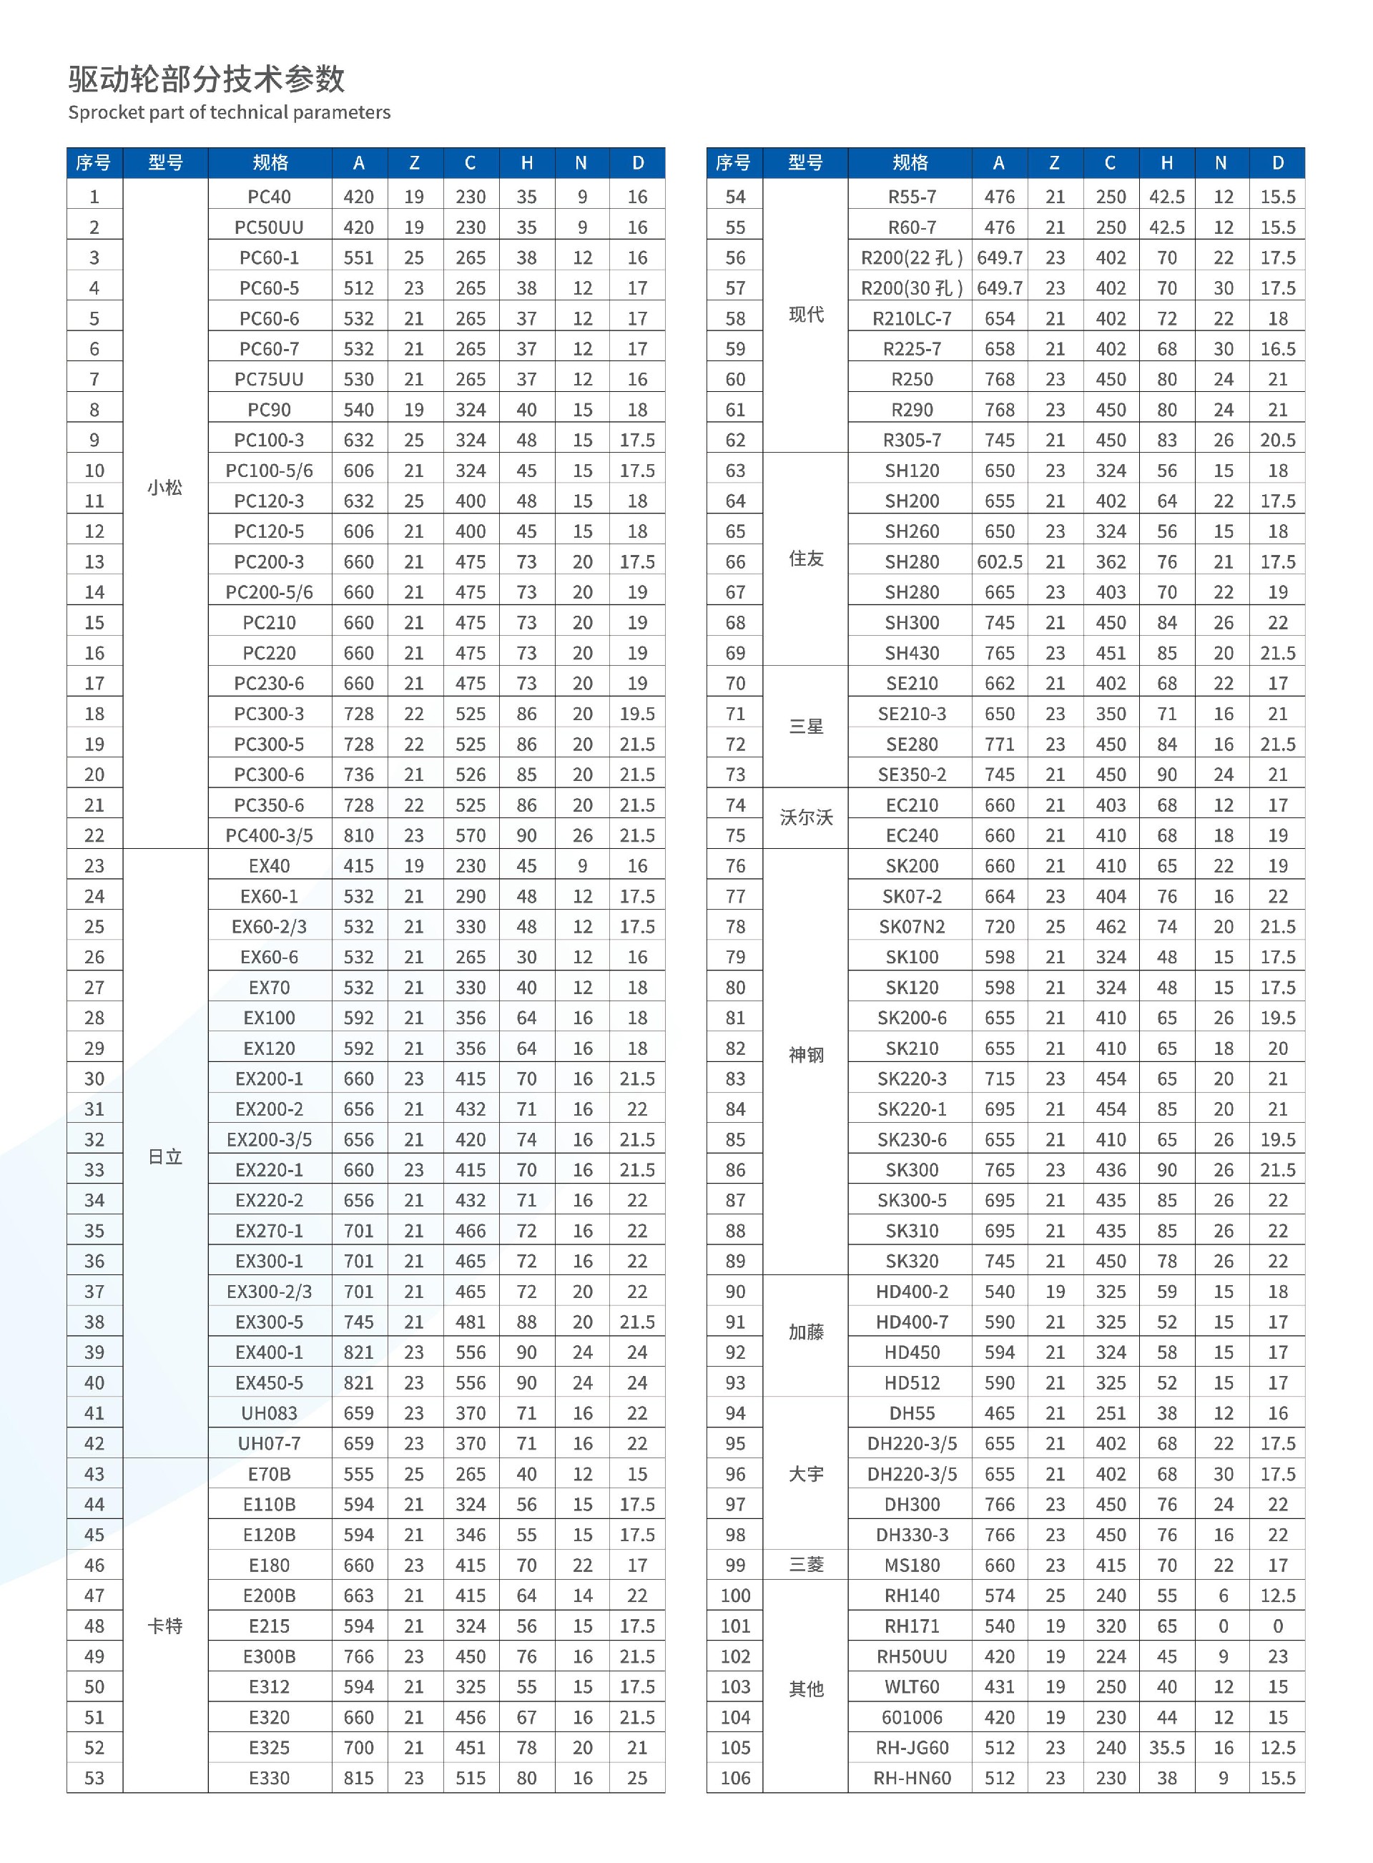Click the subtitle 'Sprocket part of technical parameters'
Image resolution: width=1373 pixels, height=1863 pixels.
tap(230, 113)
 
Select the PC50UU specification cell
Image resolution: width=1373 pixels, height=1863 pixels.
tap(270, 227)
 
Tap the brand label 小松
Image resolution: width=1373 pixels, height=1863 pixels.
tap(164, 488)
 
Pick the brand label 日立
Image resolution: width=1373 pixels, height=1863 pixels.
tap(164, 1156)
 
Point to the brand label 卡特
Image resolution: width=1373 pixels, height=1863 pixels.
tap(164, 1626)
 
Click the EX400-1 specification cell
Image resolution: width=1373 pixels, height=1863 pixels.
tap(270, 1352)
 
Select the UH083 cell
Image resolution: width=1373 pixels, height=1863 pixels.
tap(270, 1412)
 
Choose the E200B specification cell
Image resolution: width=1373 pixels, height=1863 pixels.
tap(270, 1596)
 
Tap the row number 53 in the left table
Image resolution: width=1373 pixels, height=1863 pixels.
tap(94, 1777)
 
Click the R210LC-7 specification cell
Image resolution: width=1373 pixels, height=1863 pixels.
tap(912, 319)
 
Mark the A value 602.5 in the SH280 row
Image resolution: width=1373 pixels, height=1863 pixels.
tap(999, 561)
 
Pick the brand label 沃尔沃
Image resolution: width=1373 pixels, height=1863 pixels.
tap(805, 817)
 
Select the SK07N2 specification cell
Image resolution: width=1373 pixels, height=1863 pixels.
tap(912, 927)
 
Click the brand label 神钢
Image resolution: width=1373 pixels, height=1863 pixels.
tap(805, 1056)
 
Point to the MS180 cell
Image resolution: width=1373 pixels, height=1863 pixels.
tap(912, 1565)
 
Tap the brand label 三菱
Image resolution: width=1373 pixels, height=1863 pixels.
tap(805, 1565)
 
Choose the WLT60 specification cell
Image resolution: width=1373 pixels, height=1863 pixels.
tap(912, 1687)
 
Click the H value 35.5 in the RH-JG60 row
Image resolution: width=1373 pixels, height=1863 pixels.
tap(1167, 1747)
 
